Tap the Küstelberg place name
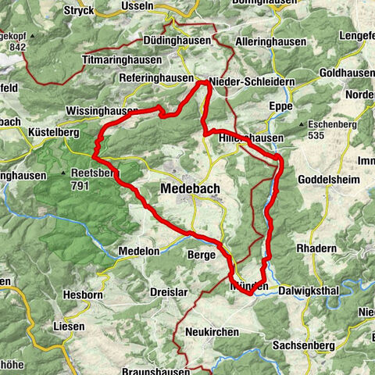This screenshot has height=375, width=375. (53, 134)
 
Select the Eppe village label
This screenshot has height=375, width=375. (279, 105)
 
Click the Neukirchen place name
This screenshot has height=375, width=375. (212, 332)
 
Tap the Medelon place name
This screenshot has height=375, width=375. (138, 251)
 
